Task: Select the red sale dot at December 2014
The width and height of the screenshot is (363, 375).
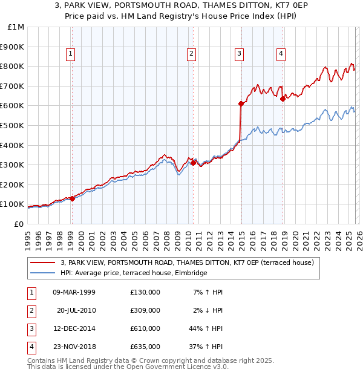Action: coord(241,104)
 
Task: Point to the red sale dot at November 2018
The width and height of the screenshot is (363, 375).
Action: coord(283,99)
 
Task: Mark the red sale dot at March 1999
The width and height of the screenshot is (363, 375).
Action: coord(72,198)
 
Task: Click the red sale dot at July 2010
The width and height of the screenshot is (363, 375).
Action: coord(193,163)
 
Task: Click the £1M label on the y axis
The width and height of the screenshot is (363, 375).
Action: coord(16,27)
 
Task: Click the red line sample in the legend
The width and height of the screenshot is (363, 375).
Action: coord(42,263)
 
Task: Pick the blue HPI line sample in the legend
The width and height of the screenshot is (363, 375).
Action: coord(42,273)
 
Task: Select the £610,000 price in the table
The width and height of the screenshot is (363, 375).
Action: coord(145,328)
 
